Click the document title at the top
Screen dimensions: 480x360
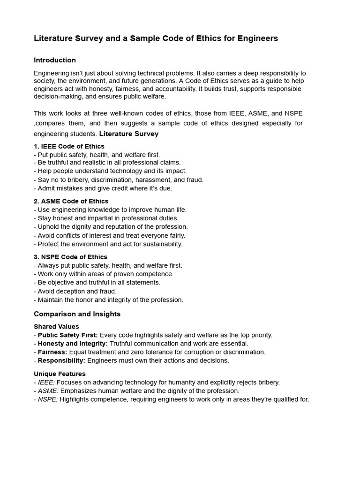(156, 38)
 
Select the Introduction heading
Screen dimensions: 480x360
(55, 60)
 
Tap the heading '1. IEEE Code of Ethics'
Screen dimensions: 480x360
(69, 146)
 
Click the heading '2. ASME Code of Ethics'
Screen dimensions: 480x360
(71, 202)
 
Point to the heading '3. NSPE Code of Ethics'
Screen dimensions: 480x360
(70, 257)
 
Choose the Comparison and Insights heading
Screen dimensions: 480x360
(77, 314)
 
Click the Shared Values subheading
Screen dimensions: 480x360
(56, 327)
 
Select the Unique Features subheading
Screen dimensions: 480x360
(60, 374)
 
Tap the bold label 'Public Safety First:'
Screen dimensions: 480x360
(68, 335)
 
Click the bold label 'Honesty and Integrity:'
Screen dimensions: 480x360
(73, 344)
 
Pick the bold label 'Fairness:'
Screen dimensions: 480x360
(52, 352)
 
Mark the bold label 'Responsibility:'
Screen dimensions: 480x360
(61, 360)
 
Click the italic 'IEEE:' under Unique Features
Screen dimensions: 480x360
(46, 382)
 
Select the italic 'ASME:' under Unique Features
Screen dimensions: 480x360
(48, 391)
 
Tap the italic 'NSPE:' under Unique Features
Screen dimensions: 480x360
(48, 399)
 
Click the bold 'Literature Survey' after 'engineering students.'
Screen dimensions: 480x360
(129, 134)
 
